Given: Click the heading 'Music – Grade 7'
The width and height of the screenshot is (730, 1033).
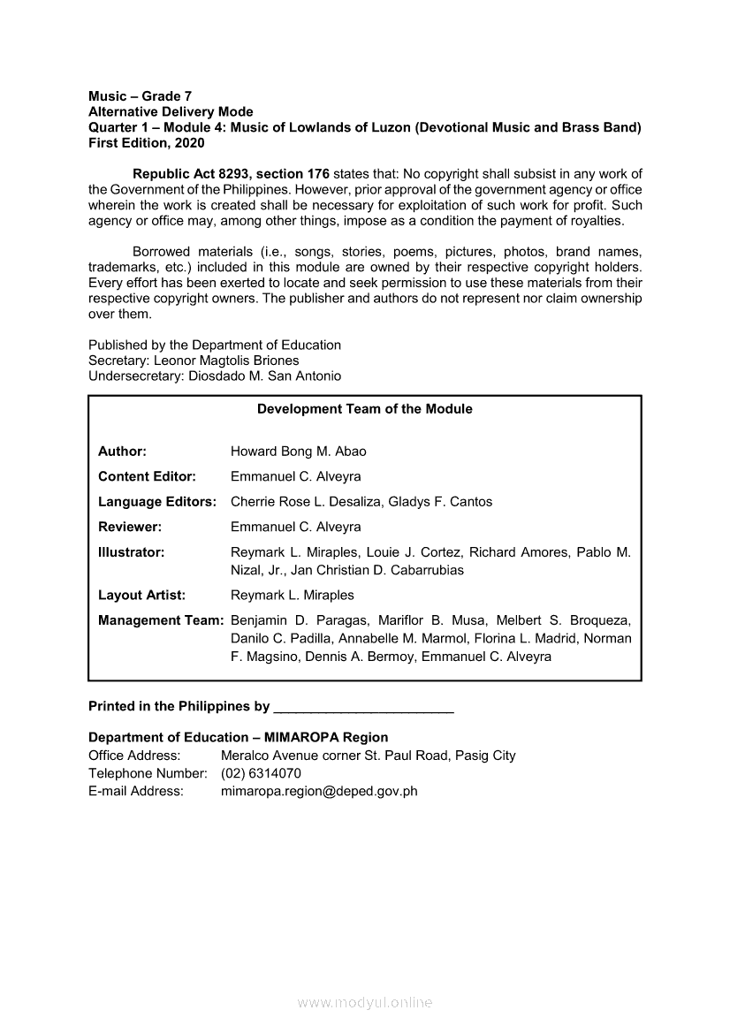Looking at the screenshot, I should [140, 95].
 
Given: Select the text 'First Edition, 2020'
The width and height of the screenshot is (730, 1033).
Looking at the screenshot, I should [146, 143].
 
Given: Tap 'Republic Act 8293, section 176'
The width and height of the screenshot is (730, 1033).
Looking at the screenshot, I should [231, 173].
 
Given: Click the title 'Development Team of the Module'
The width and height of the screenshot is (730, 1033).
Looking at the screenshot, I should [364, 409].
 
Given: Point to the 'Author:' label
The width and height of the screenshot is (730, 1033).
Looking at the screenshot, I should [122, 452].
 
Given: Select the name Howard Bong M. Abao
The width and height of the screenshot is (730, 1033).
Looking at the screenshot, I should [298, 452].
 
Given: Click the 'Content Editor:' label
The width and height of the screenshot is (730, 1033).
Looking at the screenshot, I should [147, 476].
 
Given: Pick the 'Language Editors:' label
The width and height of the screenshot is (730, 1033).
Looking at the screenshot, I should [157, 502].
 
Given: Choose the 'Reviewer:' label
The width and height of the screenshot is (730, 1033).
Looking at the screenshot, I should [129, 527].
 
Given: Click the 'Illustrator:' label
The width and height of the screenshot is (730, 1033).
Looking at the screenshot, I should [132, 552].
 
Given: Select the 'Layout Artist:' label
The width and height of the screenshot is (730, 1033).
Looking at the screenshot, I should [141, 595].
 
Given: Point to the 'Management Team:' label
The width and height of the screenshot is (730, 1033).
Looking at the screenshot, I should [160, 620].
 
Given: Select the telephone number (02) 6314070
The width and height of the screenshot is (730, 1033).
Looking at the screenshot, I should [261, 773].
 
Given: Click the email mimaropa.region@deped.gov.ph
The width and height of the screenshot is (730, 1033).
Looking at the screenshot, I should [319, 791].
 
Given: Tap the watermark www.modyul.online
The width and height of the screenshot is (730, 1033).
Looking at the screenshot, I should [365, 1003].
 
